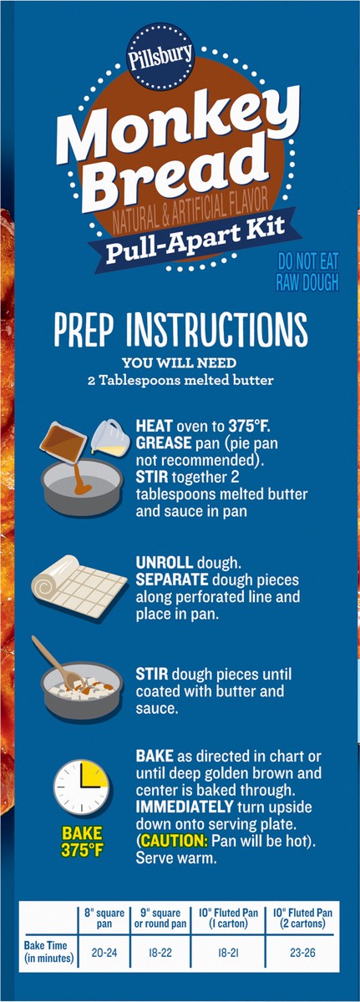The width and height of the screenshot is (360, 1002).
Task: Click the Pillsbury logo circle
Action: [160, 58]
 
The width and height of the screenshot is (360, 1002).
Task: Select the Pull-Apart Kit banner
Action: [195, 237]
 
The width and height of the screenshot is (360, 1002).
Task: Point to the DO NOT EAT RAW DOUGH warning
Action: [307, 271]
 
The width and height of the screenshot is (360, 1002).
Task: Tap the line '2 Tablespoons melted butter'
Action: [180, 380]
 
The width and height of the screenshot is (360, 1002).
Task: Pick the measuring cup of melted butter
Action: [107, 437]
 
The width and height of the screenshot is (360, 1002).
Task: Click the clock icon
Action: [81, 787]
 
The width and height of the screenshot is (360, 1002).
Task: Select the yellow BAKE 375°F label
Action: [82, 841]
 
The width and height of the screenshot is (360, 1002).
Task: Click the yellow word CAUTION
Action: [175, 841]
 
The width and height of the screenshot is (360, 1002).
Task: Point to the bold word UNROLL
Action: [165, 562]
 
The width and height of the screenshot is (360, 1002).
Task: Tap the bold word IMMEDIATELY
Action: [185, 807]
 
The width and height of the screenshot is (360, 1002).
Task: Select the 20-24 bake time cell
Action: [104, 953]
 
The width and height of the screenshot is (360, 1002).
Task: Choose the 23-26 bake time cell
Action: [302, 953]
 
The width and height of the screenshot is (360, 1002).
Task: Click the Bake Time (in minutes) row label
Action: [48, 952]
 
